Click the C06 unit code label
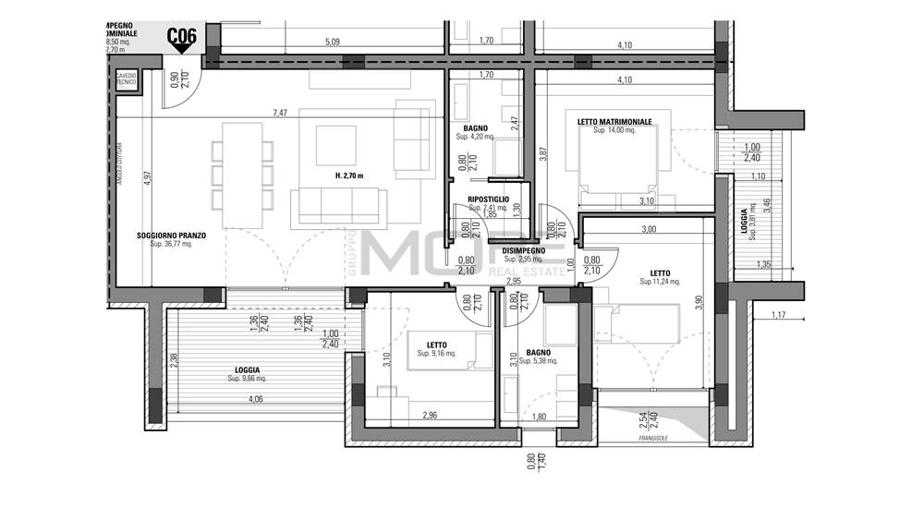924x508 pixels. click(x=181, y=37)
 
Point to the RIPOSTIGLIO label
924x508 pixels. click(x=488, y=199)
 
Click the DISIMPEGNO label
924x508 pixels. click(x=522, y=250)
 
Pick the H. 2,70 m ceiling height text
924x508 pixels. click(x=349, y=175)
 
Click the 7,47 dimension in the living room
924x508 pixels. click(x=280, y=113)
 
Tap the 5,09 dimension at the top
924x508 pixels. click(x=333, y=42)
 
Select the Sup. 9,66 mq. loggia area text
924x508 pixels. click(x=247, y=379)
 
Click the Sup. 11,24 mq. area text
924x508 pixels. click(x=660, y=282)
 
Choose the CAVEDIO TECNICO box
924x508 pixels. click(x=126, y=79)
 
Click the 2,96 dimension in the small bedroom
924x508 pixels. click(x=430, y=417)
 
